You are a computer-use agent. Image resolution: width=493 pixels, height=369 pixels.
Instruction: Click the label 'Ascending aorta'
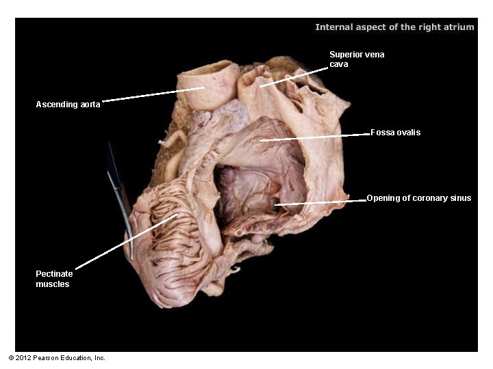pos(68,105)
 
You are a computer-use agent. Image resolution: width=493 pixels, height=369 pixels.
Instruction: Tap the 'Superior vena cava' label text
pos(357,59)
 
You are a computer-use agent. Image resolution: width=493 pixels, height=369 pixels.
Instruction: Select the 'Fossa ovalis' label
pos(395,132)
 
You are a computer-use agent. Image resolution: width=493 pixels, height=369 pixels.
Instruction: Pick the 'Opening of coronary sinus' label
pos(419,198)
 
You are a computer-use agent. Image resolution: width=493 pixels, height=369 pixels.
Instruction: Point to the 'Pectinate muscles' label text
pos(54,279)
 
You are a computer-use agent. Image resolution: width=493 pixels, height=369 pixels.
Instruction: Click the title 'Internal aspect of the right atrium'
pos(394,27)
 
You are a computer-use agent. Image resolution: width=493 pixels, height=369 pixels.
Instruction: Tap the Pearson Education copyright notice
pos(57,358)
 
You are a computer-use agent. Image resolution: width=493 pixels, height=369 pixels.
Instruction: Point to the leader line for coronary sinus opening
pos(322,202)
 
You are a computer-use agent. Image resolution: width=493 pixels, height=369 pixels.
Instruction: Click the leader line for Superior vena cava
pos(294,77)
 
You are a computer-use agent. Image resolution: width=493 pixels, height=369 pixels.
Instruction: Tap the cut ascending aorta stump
pos(207,85)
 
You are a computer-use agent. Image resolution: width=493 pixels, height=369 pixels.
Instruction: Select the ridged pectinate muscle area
pos(171,246)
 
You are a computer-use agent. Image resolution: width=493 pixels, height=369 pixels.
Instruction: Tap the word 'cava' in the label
pos(339,64)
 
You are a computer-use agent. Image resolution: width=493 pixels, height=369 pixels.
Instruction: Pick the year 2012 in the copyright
pos(24,358)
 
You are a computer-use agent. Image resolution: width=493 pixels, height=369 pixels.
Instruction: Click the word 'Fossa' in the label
pos(383,132)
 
